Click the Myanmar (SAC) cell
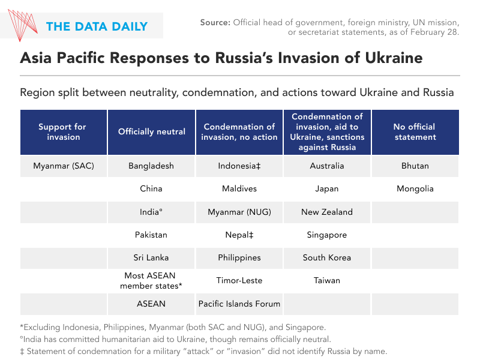[x=64, y=166]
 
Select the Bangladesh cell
[x=151, y=166]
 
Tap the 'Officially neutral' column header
[x=151, y=132]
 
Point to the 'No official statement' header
[x=415, y=132]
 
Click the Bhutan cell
[x=415, y=166]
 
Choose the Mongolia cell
[x=415, y=188]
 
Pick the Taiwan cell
[x=327, y=280]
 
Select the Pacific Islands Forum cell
[x=239, y=304]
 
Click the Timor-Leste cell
[x=239, y=280]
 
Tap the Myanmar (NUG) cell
[x=239, y=212]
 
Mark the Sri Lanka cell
[x=151, y=257]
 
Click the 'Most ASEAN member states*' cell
[x=151, y=281]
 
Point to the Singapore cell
[x=327, y=235]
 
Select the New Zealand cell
[x=327, y=212]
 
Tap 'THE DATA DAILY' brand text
[x=97, y=26]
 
